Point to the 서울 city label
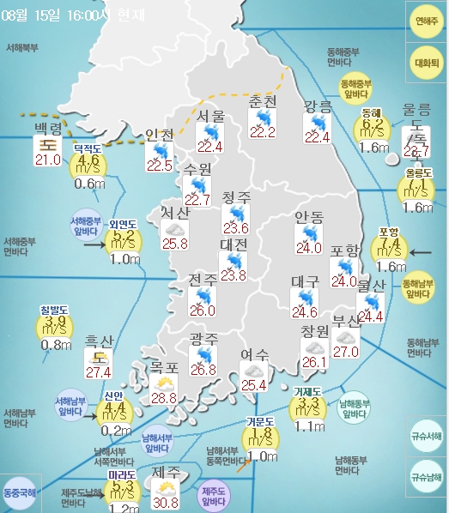210,116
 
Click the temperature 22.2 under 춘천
262,131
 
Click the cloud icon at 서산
175,229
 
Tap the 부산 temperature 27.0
345,351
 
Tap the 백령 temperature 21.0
46,160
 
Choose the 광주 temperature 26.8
203,370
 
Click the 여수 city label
254,354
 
